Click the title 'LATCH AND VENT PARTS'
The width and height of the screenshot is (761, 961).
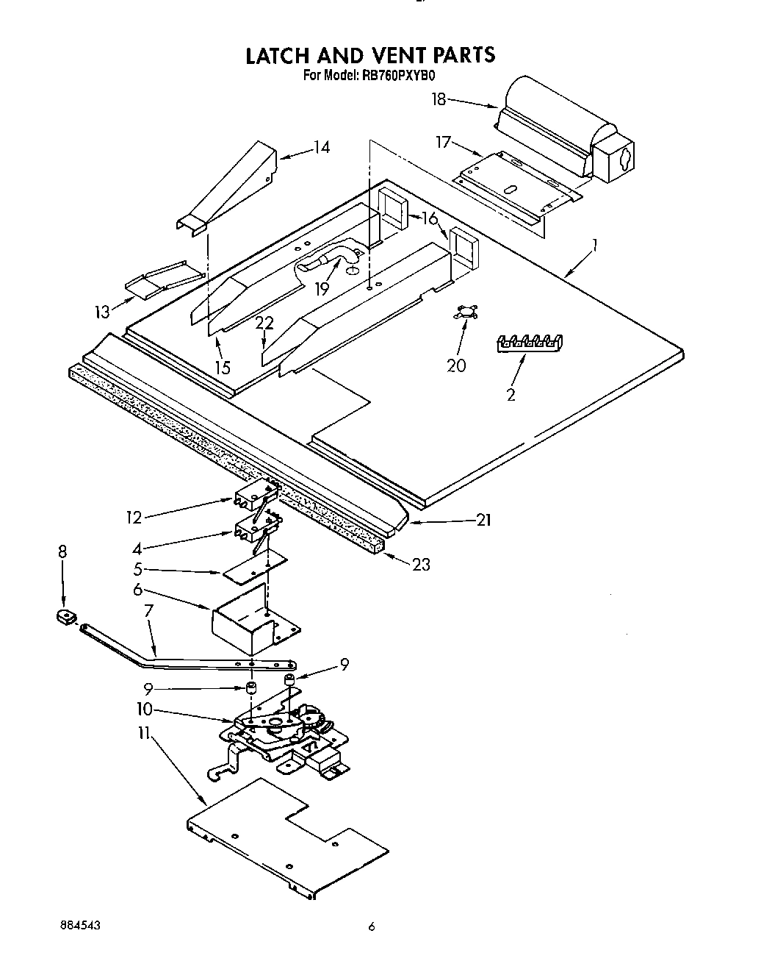click(369, 55)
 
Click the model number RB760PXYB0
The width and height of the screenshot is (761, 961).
click(400, 74)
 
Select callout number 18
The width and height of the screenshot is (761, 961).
click(439, 99)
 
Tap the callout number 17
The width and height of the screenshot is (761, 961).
click(443, 142)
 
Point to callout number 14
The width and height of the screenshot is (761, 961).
click(321, 147)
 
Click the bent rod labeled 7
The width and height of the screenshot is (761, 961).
click(184, 654)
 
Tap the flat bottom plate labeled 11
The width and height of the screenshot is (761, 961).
click(286, 838)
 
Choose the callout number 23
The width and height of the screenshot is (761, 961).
click(421, 565)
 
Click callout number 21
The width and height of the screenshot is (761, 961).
click(483, 521)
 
